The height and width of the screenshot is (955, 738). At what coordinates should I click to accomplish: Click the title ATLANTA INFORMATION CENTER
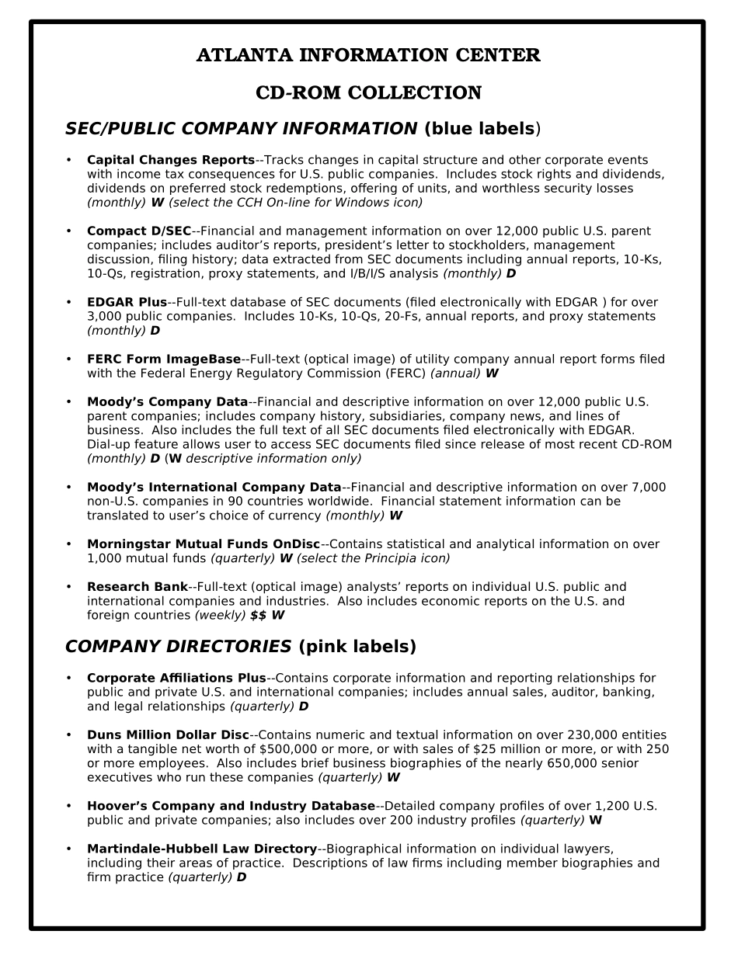[368, 56]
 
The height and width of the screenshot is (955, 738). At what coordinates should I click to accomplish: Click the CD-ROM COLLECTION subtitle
[368, 93]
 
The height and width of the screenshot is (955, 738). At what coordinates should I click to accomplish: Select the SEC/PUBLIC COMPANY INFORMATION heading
[241, 129]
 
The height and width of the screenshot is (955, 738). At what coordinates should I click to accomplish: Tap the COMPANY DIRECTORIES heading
[178, 647]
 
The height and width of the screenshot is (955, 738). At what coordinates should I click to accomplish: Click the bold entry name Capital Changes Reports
[170, 161]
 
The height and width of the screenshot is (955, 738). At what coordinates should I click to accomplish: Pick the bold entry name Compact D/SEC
[138, 231]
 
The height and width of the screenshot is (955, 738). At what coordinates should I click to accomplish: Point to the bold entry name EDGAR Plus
[127, 303]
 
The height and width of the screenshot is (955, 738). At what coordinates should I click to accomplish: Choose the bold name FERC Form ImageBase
[163, 359]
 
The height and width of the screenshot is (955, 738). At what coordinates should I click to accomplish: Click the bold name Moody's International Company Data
[214, 488]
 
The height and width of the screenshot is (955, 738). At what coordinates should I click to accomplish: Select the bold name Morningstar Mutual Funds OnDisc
[203, 544]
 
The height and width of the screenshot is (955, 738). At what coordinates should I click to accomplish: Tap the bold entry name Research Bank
[137, 587]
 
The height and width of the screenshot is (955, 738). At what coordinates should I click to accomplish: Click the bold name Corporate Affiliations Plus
[176, 679]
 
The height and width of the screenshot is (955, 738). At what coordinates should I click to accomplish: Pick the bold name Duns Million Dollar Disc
[168, 735]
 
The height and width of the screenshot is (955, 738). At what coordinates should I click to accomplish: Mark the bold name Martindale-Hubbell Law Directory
[202, 849]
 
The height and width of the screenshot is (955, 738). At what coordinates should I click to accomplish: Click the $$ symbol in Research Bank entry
[258, 616]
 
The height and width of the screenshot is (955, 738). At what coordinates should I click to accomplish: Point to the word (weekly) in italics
[220, 616]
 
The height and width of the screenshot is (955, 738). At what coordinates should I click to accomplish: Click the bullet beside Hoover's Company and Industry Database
[68, 806]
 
